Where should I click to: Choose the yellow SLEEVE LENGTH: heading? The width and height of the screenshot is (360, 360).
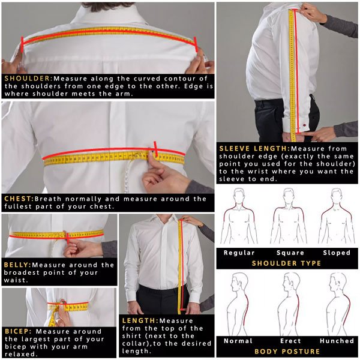pos(253,148)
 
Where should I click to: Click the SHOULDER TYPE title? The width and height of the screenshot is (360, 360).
pos(286,263)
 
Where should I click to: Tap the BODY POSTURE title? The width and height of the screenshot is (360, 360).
pos(286,351)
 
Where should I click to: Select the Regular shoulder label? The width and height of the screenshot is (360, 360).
pos(239,253)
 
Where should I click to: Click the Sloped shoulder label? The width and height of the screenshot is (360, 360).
pos(337,253)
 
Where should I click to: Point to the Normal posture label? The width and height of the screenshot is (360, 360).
pos(238,341)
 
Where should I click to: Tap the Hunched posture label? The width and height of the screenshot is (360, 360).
pos(337,341)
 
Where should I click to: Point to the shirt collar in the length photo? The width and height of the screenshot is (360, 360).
pos(160,221)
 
